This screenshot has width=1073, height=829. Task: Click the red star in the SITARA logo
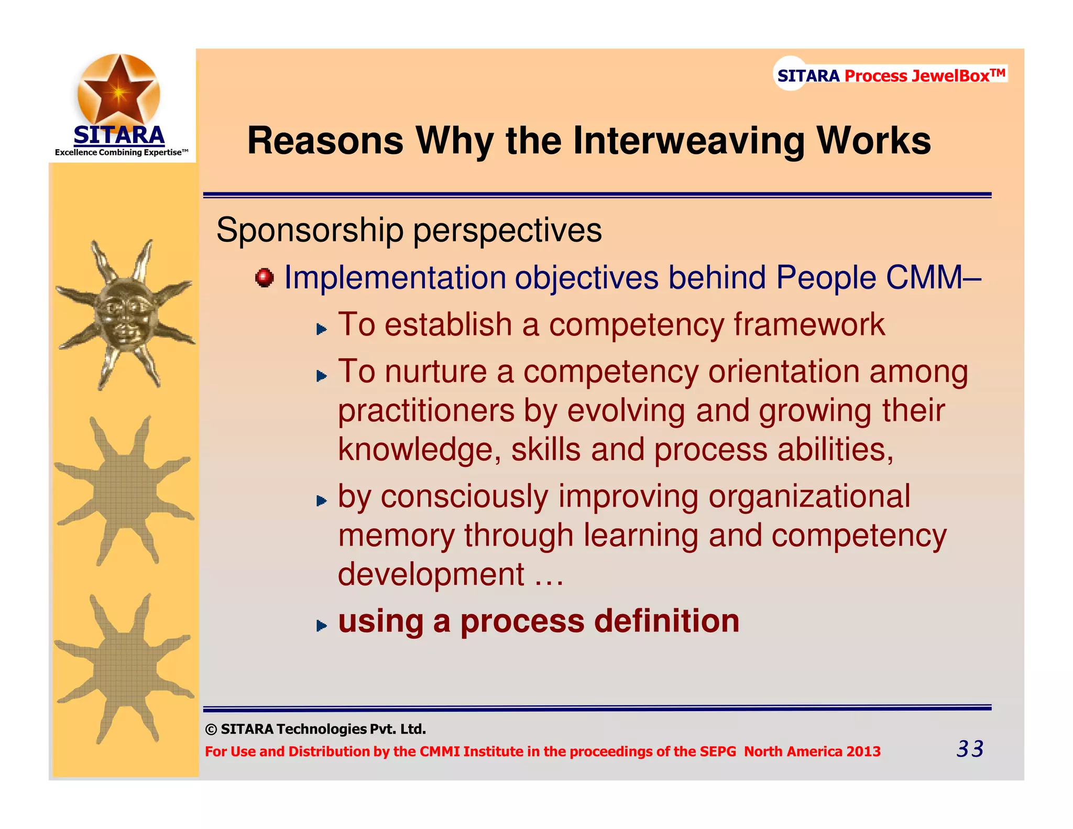(119, 91)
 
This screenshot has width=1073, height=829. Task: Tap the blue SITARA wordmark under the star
(119, 135)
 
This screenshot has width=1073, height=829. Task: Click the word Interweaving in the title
(688, 141)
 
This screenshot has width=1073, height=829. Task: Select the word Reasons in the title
(325, 141)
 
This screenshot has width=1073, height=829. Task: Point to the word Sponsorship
(310, 231)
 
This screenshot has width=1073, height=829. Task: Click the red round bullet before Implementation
(265, 277)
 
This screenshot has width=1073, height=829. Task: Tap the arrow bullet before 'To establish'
(321, 329)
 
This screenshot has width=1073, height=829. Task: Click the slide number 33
(970, 749)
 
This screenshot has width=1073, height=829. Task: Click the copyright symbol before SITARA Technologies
(211, 729)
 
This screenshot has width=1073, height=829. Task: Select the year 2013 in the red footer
(863, 751)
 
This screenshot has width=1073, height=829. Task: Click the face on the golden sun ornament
(125, 314)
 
